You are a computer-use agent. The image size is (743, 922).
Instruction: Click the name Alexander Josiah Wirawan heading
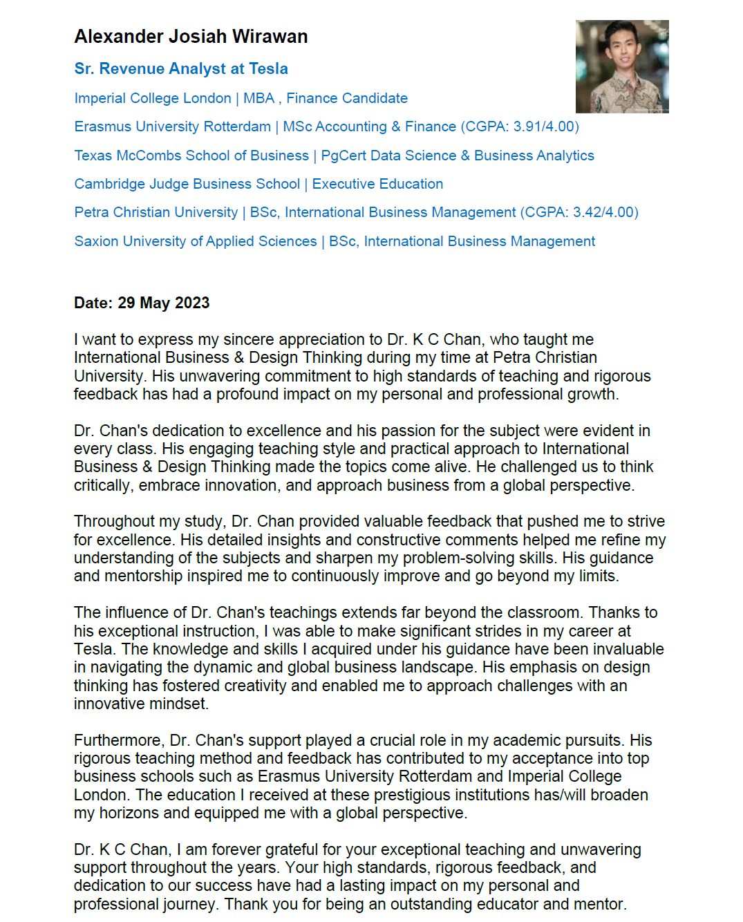191,37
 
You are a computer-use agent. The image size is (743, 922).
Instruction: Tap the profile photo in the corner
621,66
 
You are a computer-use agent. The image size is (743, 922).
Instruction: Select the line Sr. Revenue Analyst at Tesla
181,68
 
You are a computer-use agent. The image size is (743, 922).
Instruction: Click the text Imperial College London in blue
153,98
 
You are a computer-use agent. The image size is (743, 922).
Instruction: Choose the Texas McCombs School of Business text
191,156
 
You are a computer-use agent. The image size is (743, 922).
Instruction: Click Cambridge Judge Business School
187,184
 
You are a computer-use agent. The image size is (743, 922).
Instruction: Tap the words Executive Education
377,184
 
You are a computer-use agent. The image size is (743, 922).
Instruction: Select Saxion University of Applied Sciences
196,241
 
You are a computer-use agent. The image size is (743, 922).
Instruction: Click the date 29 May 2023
164,303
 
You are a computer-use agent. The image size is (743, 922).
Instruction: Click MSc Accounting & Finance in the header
370,126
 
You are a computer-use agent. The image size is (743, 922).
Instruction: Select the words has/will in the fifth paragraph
559,795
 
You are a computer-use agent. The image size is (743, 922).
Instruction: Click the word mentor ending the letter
601,904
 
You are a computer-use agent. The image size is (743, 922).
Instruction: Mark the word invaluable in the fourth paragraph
619,649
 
